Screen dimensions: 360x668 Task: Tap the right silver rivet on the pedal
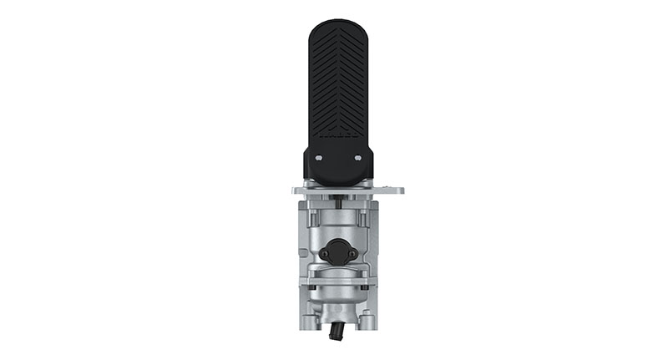[357, 156]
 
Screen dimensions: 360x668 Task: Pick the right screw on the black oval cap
[352, 253]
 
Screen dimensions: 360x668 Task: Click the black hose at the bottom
[337, 333]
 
